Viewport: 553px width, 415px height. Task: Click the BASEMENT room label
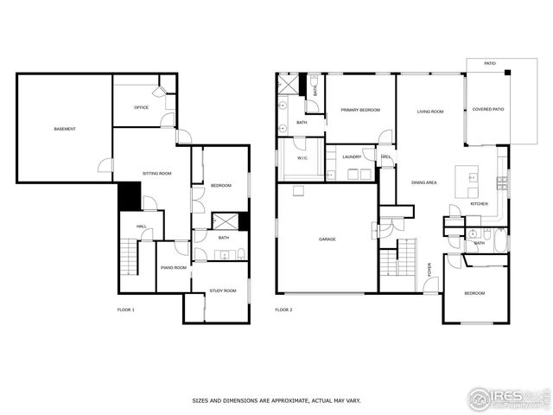click(65, 130)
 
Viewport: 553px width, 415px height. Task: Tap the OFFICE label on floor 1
click(141, 108)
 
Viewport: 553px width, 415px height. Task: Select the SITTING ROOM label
click(157, 174)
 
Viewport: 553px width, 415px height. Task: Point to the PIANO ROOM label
click(173, 268)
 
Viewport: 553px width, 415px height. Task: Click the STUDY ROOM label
click(223, 290)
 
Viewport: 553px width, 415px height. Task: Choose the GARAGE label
click(327, 239)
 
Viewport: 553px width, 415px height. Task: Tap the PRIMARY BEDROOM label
click(360, 111)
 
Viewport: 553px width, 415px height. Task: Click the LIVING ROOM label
click(430, 112)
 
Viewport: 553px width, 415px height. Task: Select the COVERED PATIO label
click(488, 110)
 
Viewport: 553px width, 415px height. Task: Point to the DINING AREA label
click(423, 182)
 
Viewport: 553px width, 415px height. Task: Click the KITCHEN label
click(479, 204)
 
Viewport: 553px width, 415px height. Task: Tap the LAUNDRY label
click(352, 156)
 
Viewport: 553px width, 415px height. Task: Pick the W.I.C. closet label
click(303, 158)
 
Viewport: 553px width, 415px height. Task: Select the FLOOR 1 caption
click(126, 310)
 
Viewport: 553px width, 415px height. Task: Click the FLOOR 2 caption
click(283, 310)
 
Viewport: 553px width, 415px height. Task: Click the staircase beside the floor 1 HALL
click(128, 256)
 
